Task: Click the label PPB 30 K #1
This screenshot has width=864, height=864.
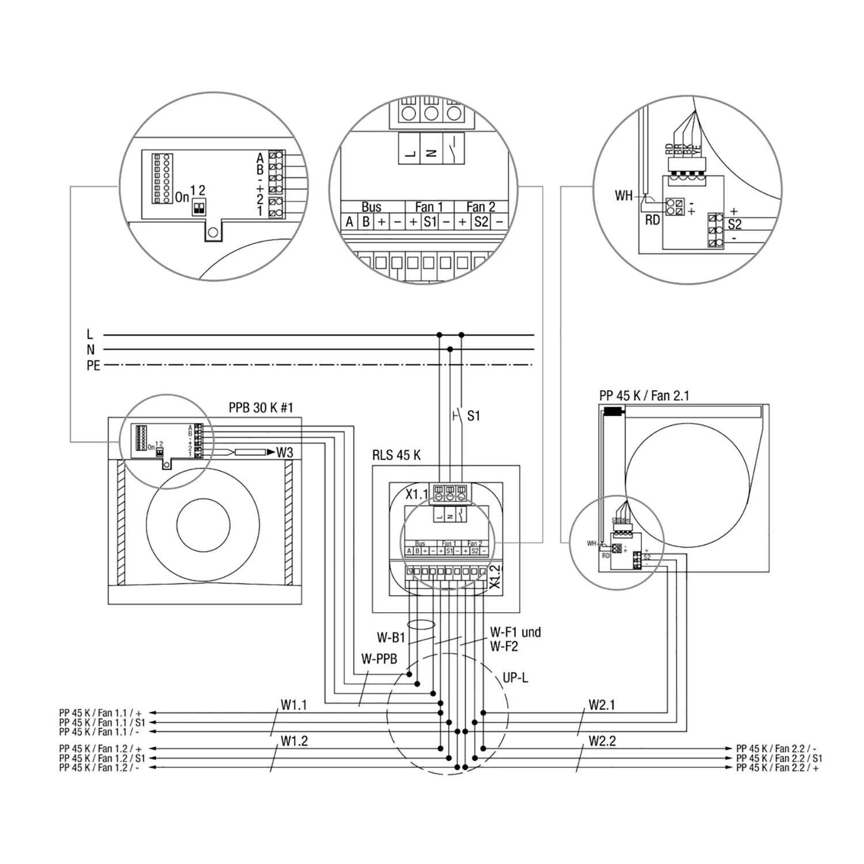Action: [x=260, y=408]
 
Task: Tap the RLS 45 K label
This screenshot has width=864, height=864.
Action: [x=396, y=455]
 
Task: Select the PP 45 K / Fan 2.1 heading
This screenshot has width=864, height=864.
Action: [x=644, y=396]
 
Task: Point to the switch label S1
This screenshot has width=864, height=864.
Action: [x=473, y=416]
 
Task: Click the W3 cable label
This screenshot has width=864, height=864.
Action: [x=285, y=452]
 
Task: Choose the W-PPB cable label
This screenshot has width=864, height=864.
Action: [x=379, y=659]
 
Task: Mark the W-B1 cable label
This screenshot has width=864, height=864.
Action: [x=391, y=638]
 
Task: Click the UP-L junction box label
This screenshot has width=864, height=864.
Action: [x=515, y=677]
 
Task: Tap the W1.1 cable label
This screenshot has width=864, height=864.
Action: [x=294, y=704]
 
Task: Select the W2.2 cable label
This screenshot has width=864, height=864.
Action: [x=602, y=741]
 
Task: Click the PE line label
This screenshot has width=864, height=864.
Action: [x=93, y=366]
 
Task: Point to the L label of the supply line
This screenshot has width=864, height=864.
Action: [x=89, y=334]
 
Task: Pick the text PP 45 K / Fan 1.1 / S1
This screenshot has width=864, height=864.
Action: [x=102, y=722]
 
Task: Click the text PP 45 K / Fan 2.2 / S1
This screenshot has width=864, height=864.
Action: [x=779, y=758]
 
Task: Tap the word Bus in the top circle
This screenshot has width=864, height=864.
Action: [x=372, y=207]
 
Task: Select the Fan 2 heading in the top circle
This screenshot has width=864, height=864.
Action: [x=480, y=207]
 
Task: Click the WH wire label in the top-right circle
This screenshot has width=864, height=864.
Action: [x=623, y=196]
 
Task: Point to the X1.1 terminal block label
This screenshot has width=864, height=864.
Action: [x=417, y=494]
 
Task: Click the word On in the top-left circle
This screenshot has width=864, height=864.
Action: [x=182, y=198]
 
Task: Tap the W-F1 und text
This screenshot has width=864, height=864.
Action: [x=515, y=632]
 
